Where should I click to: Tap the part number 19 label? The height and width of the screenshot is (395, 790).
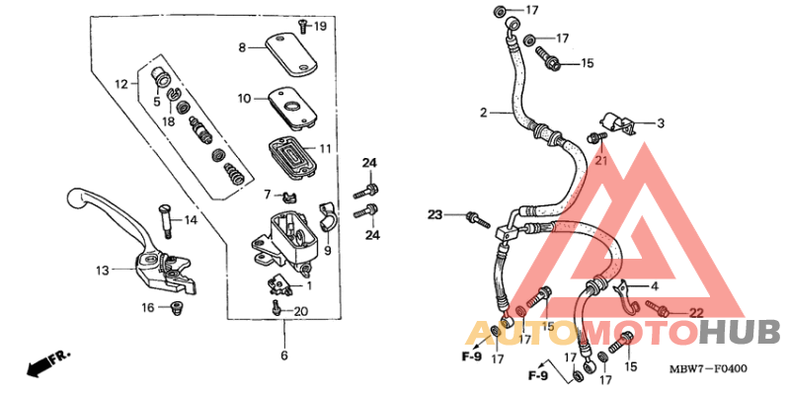click(319, 26)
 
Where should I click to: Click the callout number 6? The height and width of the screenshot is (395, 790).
click(283, 355)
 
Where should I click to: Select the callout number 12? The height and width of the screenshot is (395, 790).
click(120, 84)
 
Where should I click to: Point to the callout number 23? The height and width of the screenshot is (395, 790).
click(435, 214)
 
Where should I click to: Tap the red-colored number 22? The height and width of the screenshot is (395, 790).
click(695, 312)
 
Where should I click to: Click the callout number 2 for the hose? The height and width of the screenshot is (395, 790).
click(484, 113)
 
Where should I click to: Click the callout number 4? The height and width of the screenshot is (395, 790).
click(654, 285)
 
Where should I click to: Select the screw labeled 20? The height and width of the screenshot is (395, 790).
click(276, 311)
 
